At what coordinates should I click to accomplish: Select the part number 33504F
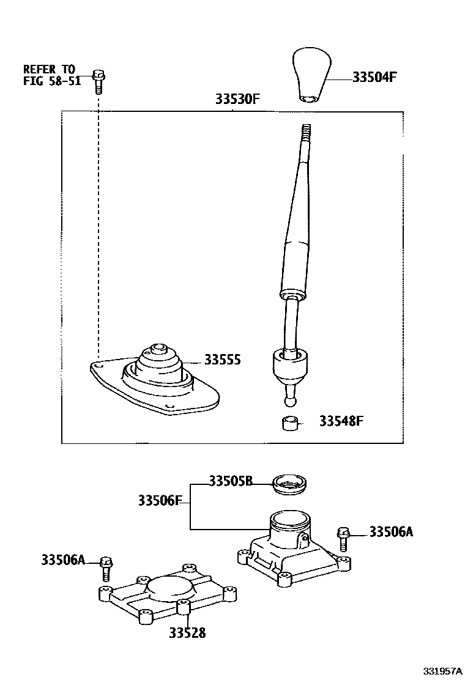[374, 78]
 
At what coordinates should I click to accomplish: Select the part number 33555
[222, 360]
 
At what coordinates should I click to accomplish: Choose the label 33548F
[341, 421]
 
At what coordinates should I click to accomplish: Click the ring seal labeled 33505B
[291, 483]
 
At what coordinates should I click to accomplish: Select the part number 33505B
[231, 481]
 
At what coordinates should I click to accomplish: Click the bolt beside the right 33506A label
[343, 539]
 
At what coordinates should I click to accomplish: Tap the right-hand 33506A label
[392, 532]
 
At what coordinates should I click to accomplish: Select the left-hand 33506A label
[63, 559]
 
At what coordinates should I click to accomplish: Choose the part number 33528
[187, 633]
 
